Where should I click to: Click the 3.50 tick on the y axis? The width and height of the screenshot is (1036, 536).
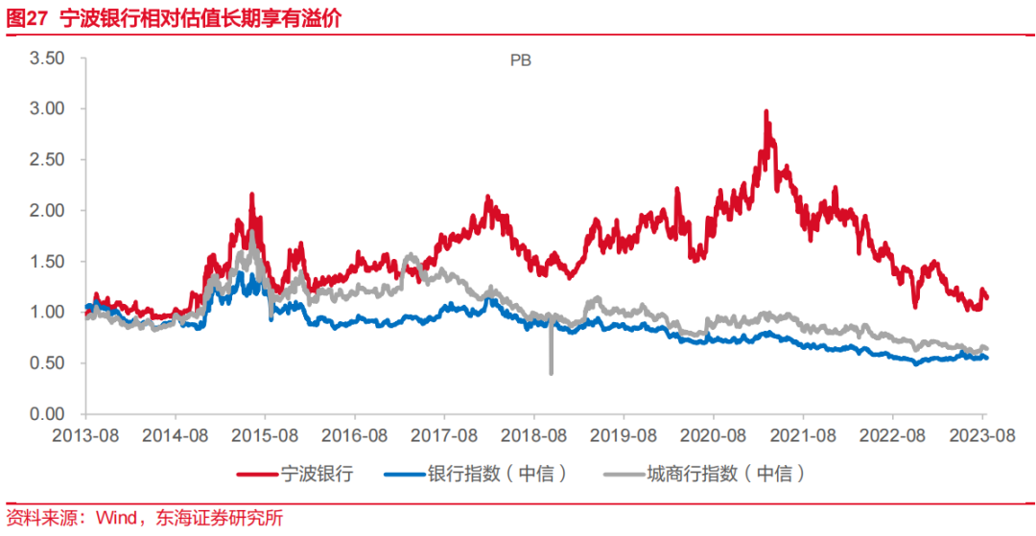[x=46, y=58]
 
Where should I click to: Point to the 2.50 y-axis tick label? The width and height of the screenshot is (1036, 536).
[x=46, y=160]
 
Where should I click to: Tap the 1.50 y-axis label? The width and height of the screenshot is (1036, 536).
[x=46, y=262]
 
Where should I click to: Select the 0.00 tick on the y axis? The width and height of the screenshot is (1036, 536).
[x=46, y=414]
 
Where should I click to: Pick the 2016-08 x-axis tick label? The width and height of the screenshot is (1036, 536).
[x=354, y=435]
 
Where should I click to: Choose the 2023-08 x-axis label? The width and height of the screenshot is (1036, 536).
[x=983, y=435]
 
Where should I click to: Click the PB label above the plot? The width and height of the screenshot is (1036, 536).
[x=520, y=60]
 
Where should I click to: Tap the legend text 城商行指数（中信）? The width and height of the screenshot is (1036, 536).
[x=724, y=474]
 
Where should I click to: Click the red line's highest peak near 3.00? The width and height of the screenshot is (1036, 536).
[x=765, y=111]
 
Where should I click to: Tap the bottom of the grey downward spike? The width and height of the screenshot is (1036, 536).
[x=551, y=373]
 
